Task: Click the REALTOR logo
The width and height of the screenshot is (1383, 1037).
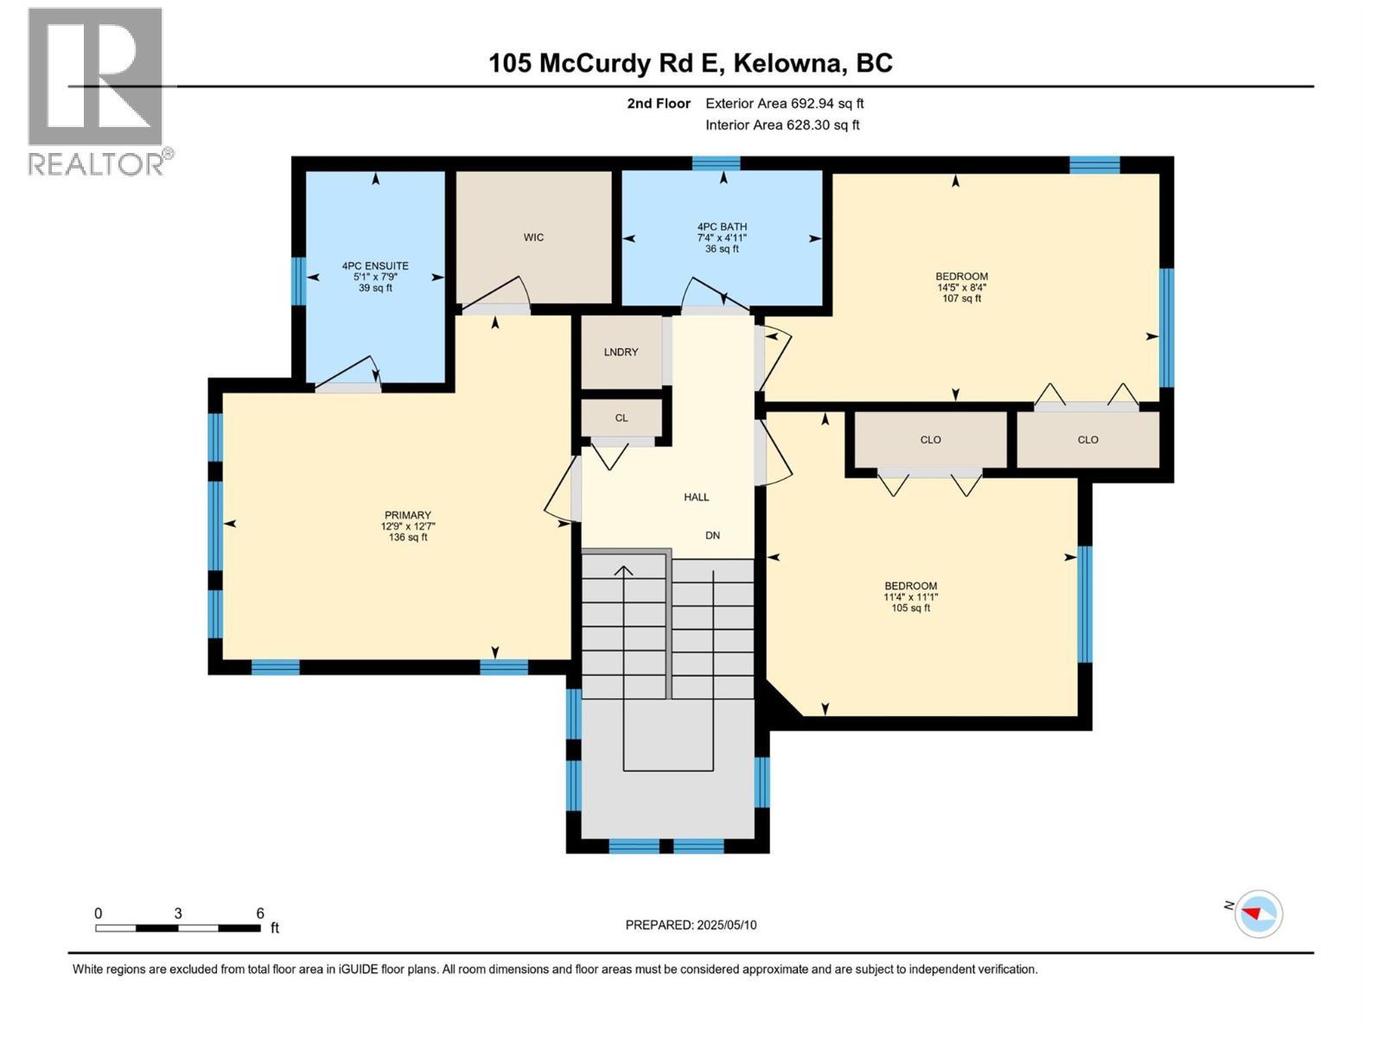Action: pyautogui.click(x=95, y=91)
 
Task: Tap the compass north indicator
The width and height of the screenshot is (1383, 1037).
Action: pyautogui.click(x=1258, y=913)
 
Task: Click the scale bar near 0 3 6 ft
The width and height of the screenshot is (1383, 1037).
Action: pyautogui.click(x=177, y=928)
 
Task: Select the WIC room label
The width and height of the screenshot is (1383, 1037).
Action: pyautogui.click(x=533, y=238)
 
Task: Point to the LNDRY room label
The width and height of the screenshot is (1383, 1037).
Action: pyautogui.click(x=621, y=352)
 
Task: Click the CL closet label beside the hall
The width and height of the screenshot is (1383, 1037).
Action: pyautogui.click(x=621, y=418)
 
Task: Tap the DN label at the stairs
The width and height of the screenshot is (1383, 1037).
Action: pyautogui.click(x=712, y=536)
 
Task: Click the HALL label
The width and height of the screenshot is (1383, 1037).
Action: pyautogui.click(x=696, y=497)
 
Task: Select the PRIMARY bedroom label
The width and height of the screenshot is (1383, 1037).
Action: pyautogui.click(x=407, y=515)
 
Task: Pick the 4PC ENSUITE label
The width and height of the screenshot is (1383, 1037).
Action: pyautogui.click(x=375, y=266)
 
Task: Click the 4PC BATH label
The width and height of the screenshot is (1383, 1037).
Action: pyautogui.click(x=722, y=227)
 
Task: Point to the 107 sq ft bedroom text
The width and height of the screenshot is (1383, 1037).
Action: pyautogui.click(x=961, y=299)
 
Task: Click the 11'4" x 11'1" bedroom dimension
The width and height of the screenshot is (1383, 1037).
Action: pyautogui.click(x=910, y=597)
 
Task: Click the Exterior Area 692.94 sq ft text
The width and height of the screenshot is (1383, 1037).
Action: pyautogui.click(x=784, y=104)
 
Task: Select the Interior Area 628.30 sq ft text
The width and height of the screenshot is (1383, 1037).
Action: pyautogui.click(x=782, y=125)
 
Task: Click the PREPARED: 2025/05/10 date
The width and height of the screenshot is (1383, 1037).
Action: pyautogui.click(x=691, y=925)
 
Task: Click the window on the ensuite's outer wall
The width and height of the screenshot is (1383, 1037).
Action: pyautogui.click(x=298, y=281)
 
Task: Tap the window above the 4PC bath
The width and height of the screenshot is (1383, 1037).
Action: pyautogui.click(x=716, y=163)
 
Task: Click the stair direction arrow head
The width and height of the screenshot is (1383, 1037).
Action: pyautogui.click(x=623, y=569)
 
